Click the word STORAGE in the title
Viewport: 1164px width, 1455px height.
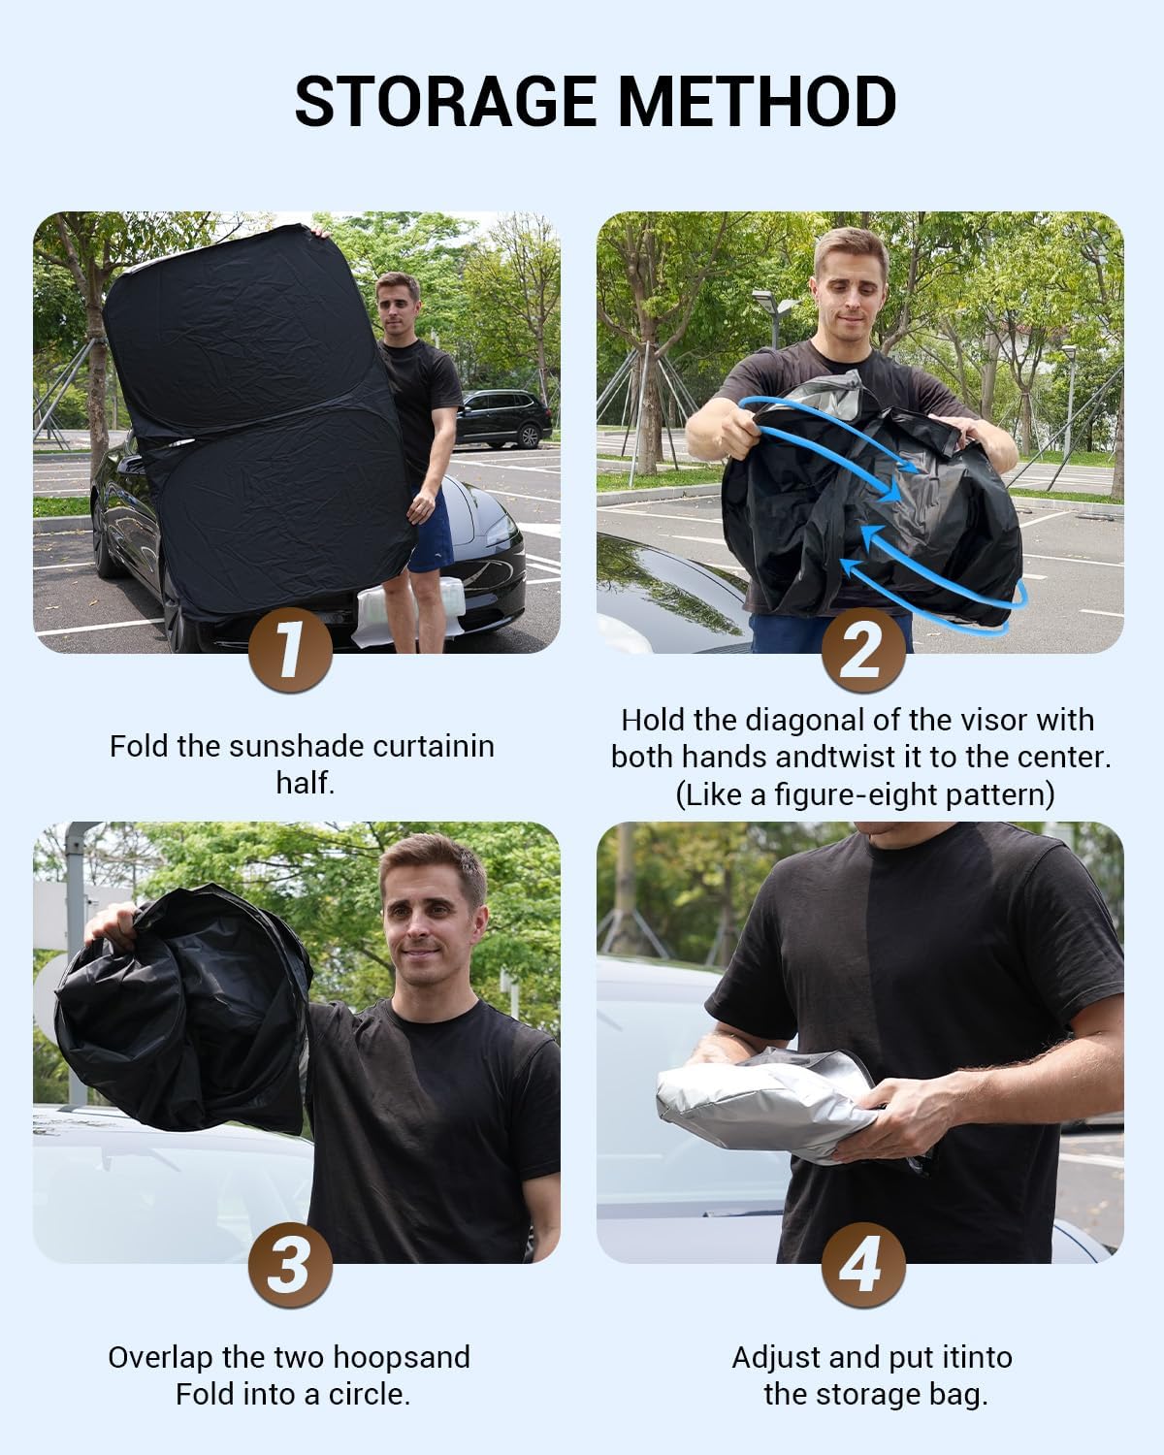click(446, 101)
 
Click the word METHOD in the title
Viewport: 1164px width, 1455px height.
click(758, 101)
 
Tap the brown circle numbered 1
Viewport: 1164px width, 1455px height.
click(290, 650)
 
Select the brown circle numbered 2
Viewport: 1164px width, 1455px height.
click(863, 650)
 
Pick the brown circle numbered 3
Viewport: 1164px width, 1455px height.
click(290, 1264)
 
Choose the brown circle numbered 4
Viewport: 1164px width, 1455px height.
click(863, 1264)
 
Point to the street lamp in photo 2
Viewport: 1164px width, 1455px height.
click(775, 318)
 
